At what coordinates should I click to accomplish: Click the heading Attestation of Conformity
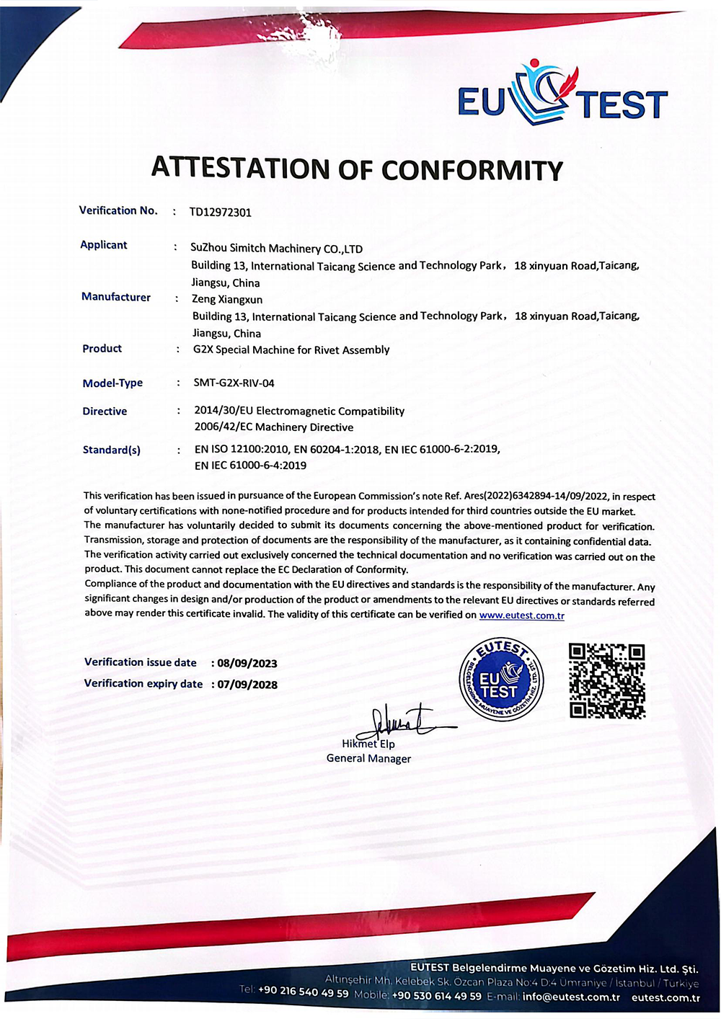tap(357, 169)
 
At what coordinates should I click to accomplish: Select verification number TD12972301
tap(221, 212)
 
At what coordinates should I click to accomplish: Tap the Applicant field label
tap(104, 245)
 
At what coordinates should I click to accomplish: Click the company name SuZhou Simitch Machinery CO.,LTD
tap(276, 249)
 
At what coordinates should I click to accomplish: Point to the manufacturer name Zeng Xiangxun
tap(227, 299)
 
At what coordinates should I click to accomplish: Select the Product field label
tap(102, 349)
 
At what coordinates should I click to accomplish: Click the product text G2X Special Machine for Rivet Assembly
tap(291, 350)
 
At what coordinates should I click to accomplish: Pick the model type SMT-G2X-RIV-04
tap(234, 383)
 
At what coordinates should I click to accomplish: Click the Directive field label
tap(105, 411)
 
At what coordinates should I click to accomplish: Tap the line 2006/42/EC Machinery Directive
tap(274, 427)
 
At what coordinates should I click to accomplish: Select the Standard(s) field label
tap(112, 450)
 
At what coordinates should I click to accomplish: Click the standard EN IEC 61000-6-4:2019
tap(250, 466)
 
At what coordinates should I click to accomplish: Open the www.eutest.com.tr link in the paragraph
tap(521, 615)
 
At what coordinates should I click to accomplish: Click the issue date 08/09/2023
tap(247, 663)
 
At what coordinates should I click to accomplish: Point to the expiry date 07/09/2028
tap(247, 685)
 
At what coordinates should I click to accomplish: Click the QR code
tap(606, 681)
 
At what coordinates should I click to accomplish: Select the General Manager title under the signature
tap(368, 759)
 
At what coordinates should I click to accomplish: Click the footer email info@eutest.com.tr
tap(571, 997)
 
